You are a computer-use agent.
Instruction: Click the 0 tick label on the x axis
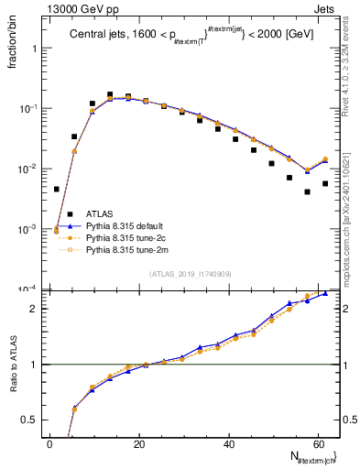click(50, 443)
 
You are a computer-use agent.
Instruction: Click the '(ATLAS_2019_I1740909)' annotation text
click(191, 274)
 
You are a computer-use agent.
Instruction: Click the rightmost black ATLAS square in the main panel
click(325, 183)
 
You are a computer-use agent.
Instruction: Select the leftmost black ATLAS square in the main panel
click(57, 190)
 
